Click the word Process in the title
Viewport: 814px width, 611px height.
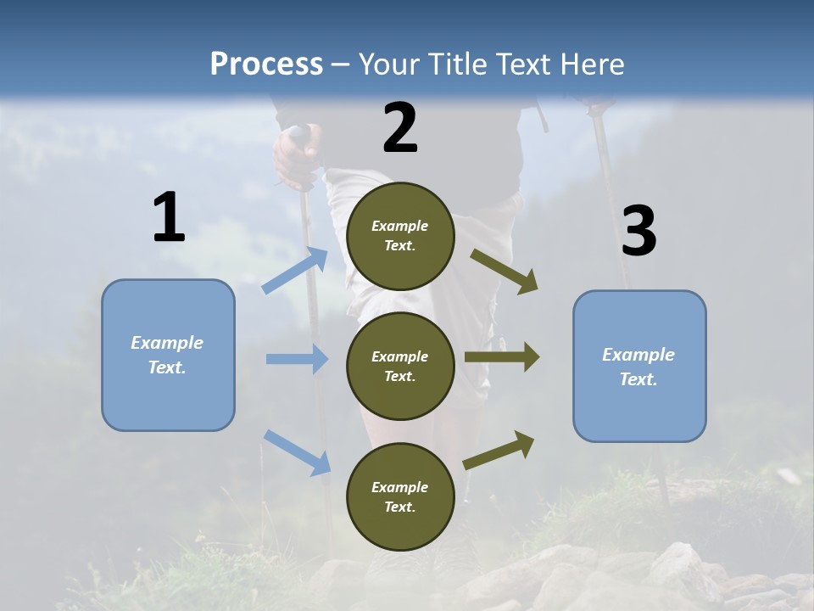(266, 64)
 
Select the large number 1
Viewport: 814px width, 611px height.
(169, 218)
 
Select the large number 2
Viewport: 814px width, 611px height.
(400, 128)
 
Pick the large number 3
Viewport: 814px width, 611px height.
(638, 232)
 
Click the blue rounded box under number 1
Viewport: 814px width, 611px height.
(168, 355)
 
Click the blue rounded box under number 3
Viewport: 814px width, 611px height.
(639, 367)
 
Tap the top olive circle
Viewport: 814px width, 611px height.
(400, 236)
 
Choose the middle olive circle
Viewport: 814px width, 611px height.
(400, 366)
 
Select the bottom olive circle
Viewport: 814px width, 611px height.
(400, 496)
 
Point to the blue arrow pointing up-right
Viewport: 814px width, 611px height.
(295, 270)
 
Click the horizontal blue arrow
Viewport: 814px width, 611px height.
(297, 359)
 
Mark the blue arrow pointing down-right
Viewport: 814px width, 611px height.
(297, 451)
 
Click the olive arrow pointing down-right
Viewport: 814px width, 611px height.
(505, 272)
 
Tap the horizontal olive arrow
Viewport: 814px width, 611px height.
(502, 356)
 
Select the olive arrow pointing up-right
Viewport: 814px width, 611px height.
(499, 450)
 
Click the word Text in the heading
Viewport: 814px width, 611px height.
(524, 64)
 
